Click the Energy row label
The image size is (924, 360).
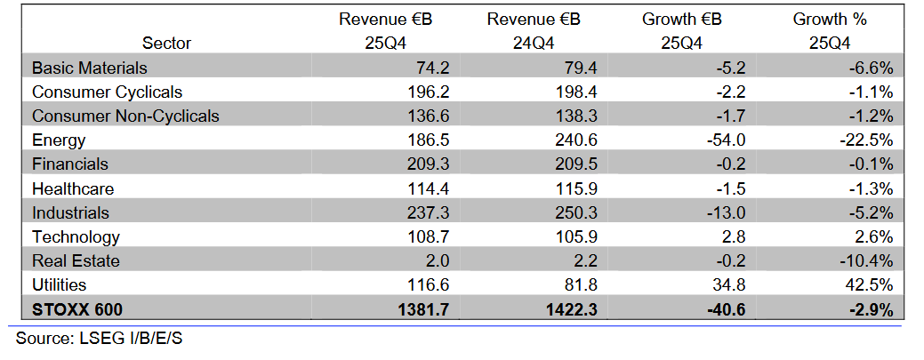(x=58, y=140)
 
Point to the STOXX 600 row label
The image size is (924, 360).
(x=76, y=309)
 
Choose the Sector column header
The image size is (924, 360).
(x=166, y=43)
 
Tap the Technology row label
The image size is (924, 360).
(x=76, y=236)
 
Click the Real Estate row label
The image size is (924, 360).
(x=76, y=260)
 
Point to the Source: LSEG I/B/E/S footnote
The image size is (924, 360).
(x=100, y=339)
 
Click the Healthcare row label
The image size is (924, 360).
(x=73, y=188)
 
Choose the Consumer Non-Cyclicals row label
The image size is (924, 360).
(x=125, y=116)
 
